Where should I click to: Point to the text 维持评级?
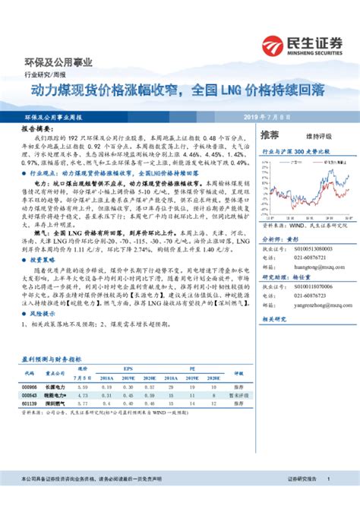pos(320,134)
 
